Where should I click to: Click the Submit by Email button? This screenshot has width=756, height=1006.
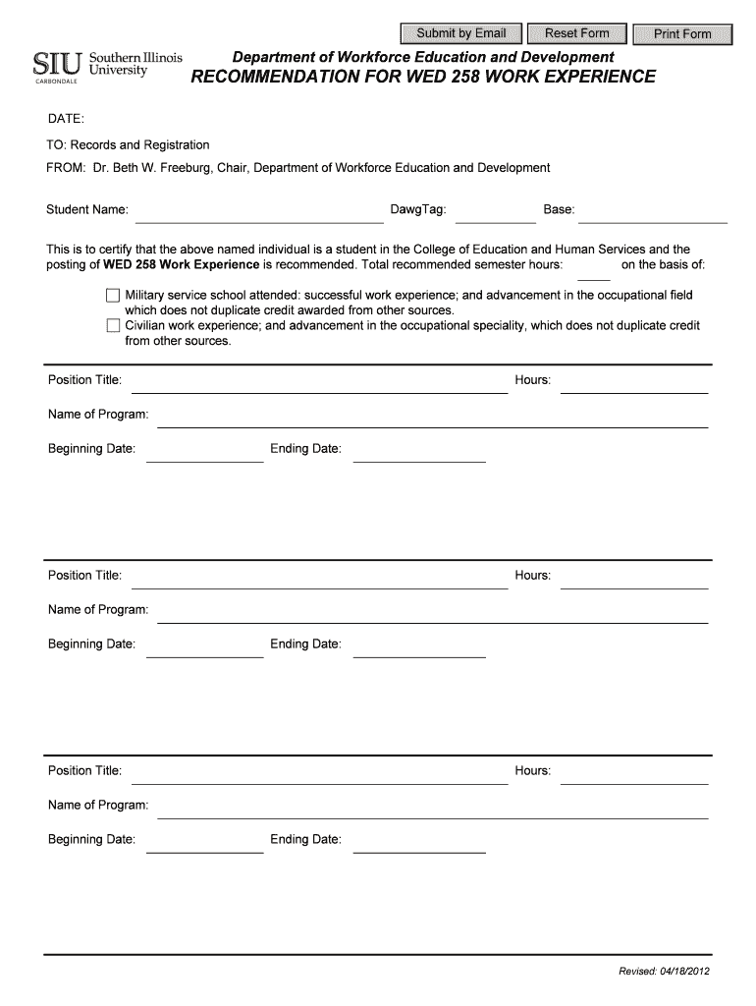pos(461,33)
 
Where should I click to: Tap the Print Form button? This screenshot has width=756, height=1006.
pos(683,33)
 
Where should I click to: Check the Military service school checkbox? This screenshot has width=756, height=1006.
pos(113,296)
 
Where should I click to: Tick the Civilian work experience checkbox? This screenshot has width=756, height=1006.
pos(113,325)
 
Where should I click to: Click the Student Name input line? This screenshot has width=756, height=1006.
pos(258,215)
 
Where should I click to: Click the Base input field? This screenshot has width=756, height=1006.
pos(653,215)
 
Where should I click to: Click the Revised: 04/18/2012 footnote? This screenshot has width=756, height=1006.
pos(663,972)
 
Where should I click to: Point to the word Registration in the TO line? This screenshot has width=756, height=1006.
pos(178,144)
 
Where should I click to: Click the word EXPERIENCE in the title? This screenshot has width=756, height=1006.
pos(598,77)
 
